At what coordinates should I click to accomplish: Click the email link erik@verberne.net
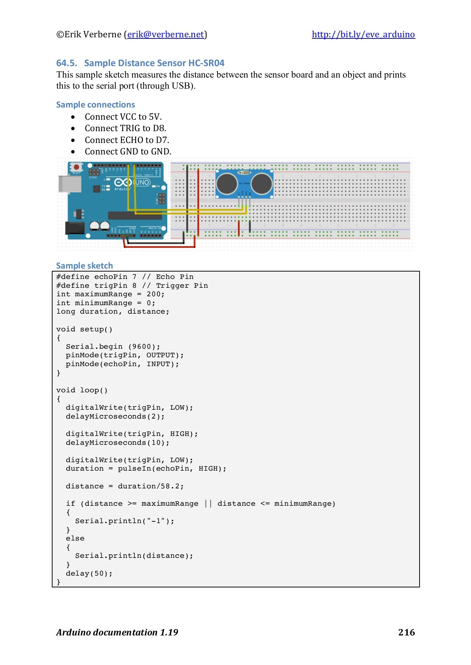tap(165, 34)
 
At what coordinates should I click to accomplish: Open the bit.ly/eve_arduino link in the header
tap(363, 34)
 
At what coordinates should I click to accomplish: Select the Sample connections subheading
tap(95, 105)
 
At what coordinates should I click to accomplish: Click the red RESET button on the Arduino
tap(76, 167)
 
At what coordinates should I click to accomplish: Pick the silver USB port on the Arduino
tap(70, 184)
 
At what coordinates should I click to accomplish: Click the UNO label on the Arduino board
tap(142, 182)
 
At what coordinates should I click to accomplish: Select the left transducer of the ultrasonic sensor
tap(227, 183)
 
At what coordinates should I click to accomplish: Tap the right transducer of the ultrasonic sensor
tap(262, 183)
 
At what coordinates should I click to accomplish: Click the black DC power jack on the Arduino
tap(75, 228)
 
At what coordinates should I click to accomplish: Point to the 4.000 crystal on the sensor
tap(244, 173)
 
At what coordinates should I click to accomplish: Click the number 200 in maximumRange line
tap(154, 294)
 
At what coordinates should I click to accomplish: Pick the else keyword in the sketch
tap(75, 538)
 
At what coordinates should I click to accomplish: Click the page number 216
tap(406, 632)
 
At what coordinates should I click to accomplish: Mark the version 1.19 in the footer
tap(169, 632)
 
